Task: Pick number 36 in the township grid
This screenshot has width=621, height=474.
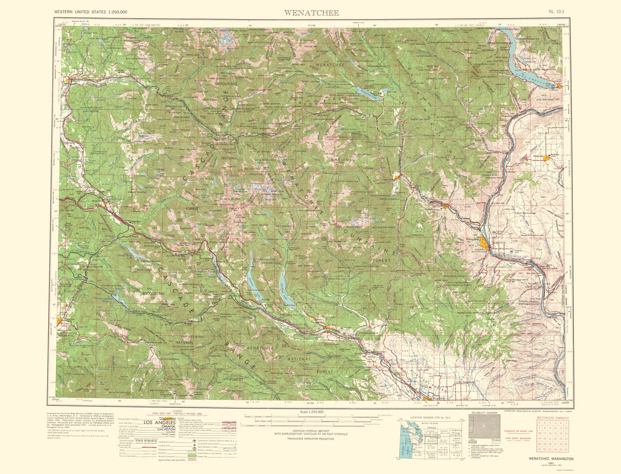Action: click(564, 448)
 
